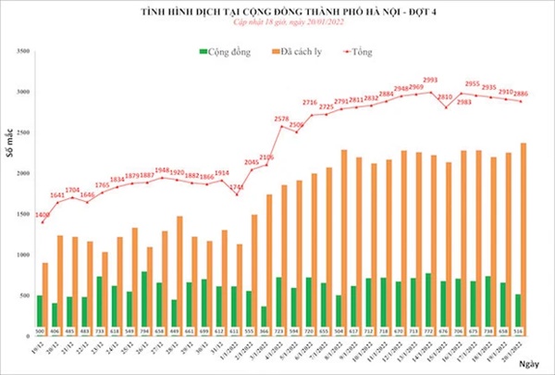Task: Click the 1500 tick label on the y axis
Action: (x=24, y=214)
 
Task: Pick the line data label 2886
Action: (x=523, y=94)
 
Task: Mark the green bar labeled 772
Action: (x=428, y=296)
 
